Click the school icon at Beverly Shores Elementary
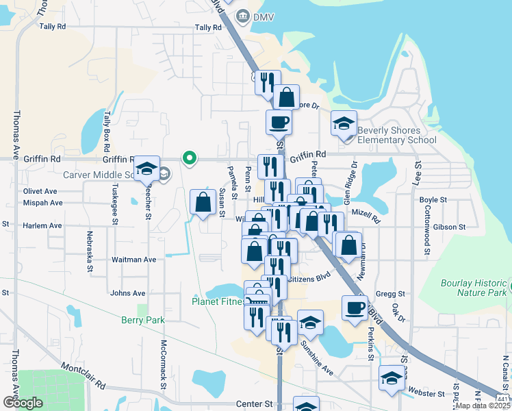[344, 123]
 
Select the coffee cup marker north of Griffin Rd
[279, 123]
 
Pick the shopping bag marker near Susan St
[203, 202]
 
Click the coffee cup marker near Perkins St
[355, 308]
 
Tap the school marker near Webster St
[392, 377]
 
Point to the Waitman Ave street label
[134, 260]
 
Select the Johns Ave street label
[128, 293]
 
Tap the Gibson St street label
[449, 227]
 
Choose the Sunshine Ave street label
[315, 362]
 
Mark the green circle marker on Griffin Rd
[190, 158]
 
